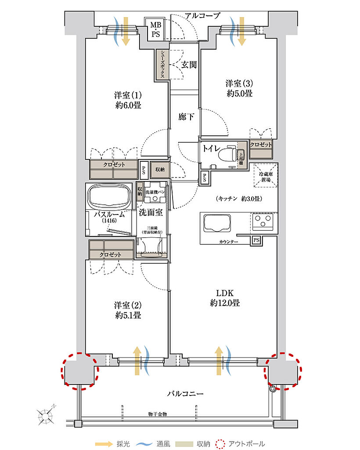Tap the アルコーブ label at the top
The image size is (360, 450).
202,16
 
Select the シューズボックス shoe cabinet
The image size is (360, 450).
162,64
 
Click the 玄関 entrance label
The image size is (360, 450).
188,65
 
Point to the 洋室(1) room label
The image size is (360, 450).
128,95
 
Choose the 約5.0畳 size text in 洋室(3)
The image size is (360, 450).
239,94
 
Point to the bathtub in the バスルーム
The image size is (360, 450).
110,197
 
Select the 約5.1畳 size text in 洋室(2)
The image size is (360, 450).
128,315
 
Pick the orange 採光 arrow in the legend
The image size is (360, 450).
104,444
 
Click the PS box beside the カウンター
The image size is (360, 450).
256,240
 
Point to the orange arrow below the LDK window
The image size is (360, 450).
219,361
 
